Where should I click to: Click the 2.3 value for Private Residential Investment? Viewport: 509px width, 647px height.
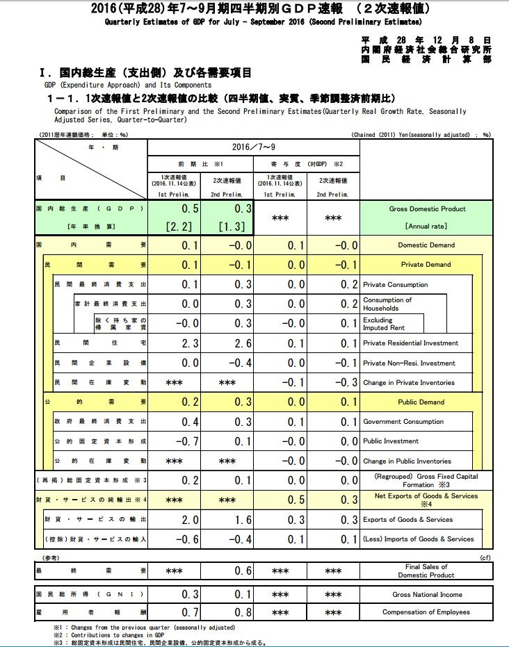pos(188,343)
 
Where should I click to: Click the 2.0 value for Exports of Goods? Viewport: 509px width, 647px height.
pos(188,519)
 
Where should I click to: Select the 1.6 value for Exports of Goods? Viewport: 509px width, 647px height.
pos(240,519)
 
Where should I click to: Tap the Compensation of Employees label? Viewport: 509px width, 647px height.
pos(426,612)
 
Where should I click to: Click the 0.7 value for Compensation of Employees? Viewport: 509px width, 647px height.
pos(190,612)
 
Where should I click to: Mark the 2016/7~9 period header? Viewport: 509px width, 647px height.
pos(254,147)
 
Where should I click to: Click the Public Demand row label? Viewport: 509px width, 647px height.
pos(421,402)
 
